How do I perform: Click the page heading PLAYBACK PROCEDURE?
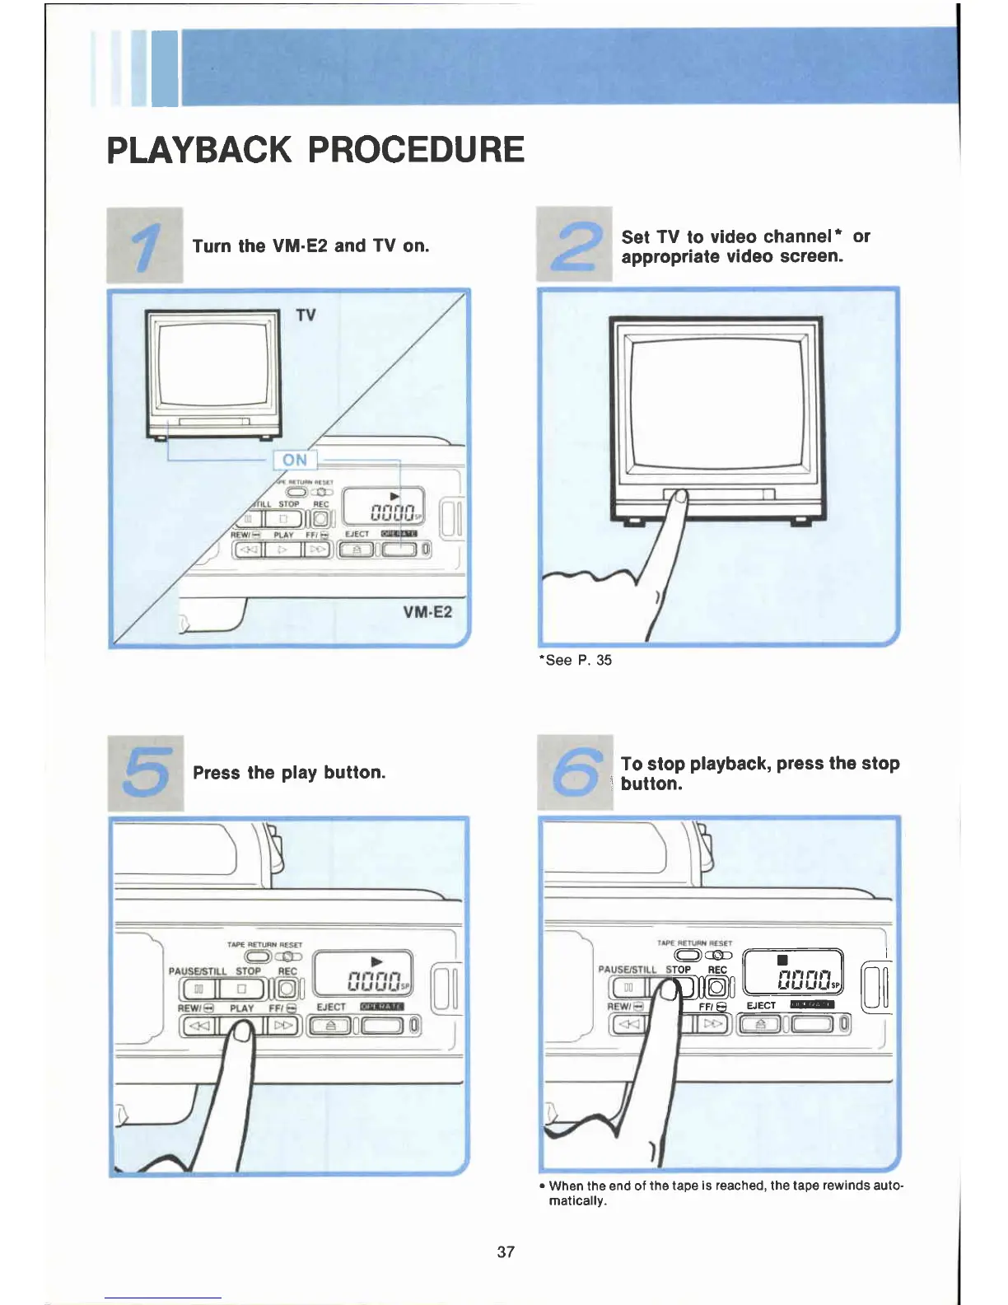(x=315, y=150)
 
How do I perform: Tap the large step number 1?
(x=145, y=246)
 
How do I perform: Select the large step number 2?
(x=574, y=245)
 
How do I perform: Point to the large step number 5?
(x=146, y=773)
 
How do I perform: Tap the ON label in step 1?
(x=295, y=460)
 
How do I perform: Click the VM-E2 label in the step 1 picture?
(x=427, y=612)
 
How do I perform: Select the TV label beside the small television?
(x=306, y=316)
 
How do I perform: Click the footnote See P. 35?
(x=576, y=660)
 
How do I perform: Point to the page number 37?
(x=506, y=1251)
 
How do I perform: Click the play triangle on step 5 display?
(x=377, y=961)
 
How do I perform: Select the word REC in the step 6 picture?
(x=717, y=970)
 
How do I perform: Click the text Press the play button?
(x=289, y=773)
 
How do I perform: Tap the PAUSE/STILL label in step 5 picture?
(x=198, y=971)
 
